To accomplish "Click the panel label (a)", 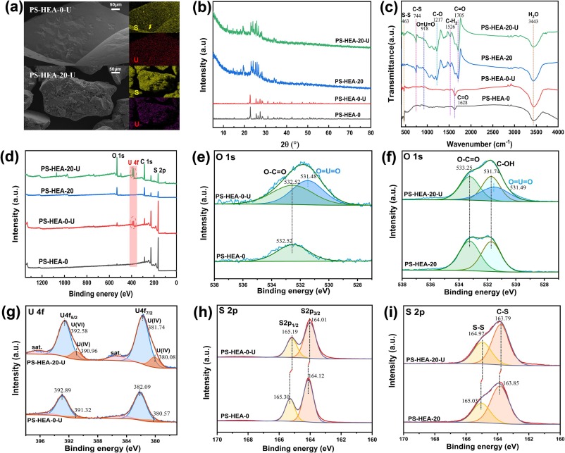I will coord(12,8).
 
